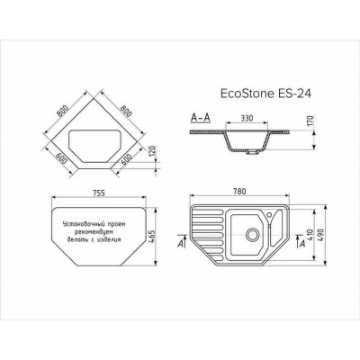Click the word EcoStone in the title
245,90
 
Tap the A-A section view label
202,117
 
